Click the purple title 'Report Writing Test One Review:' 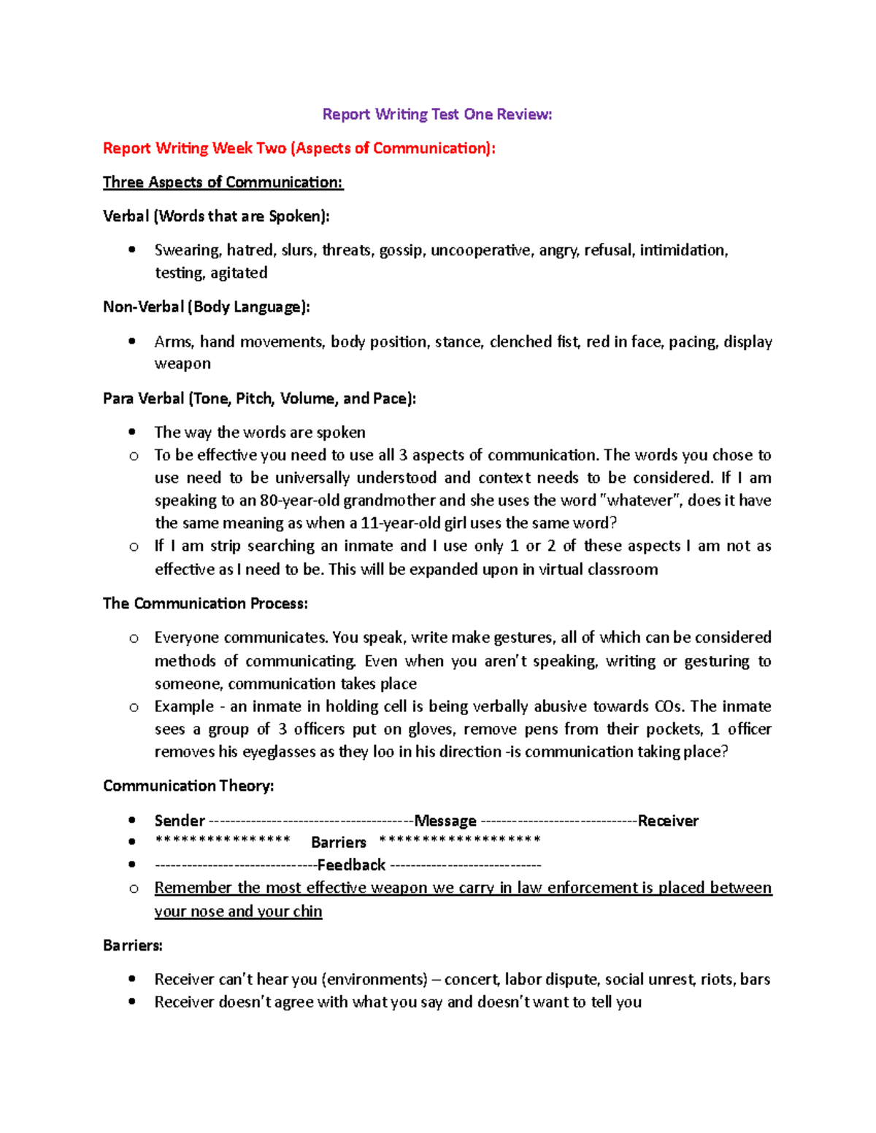(x=437, y=115)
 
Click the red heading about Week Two (x=299, y=149)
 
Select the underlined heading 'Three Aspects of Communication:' (x=223, y=182)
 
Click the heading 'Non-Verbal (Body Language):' (x=207, y=307)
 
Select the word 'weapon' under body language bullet (x=182, y=363)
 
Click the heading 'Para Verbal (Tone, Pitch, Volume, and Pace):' (x=259, y=398)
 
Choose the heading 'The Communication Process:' (x=205, y=603)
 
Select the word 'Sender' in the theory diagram (x=180, y=821)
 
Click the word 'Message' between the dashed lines (x=445, y=821)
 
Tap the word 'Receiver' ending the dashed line (x=668, y=821)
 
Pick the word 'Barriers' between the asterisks (x=338, y=843)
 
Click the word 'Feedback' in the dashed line (x=351, y=865)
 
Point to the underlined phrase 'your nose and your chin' (x=238, y=911)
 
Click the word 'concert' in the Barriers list (x=471, y=980)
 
